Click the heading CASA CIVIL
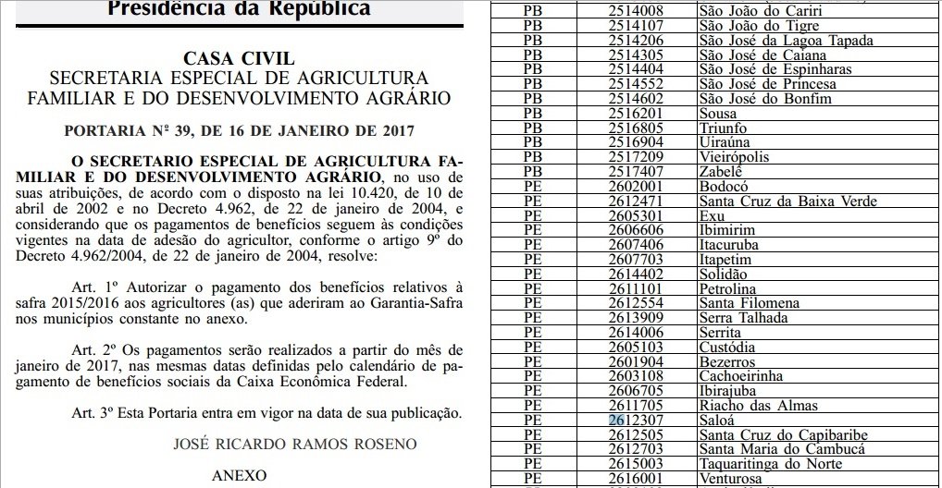coord(239,59)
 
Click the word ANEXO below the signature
coord(239,477)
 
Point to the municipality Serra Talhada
coord(745,317)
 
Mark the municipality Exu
coord(713,213)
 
